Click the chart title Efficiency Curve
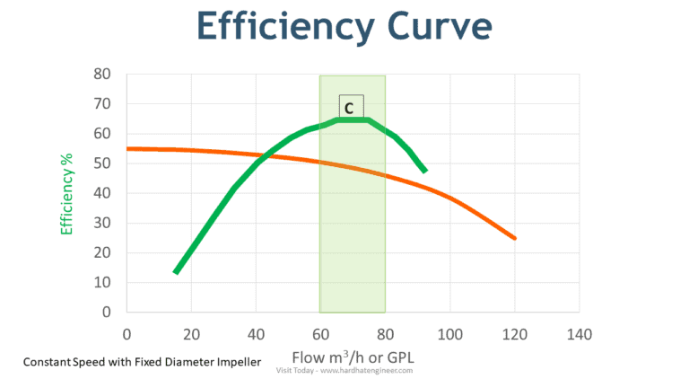tap(344, 26)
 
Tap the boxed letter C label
tap(351, 106)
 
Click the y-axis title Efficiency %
tap(66, 193)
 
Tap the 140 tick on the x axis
tap(580, 334)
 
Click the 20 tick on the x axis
tap(191, 334)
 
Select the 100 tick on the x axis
tap(450, 334)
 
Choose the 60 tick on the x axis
tap(320, 334)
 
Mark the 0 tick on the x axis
tap(126, 334)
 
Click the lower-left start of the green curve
tap(176, 271)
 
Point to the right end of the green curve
tap(424, 170)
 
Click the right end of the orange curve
tap(515, 238)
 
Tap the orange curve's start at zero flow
tap(128, 149)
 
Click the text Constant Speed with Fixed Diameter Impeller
tap(143, 362)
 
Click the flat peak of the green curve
tap(353, 119)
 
